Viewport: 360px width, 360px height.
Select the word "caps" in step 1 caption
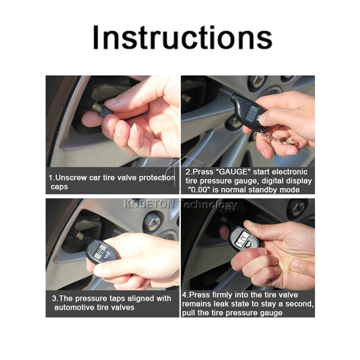point(59,187)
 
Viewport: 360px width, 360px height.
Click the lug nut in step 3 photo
point(152,221)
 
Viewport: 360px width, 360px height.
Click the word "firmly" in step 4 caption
point(223,295)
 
